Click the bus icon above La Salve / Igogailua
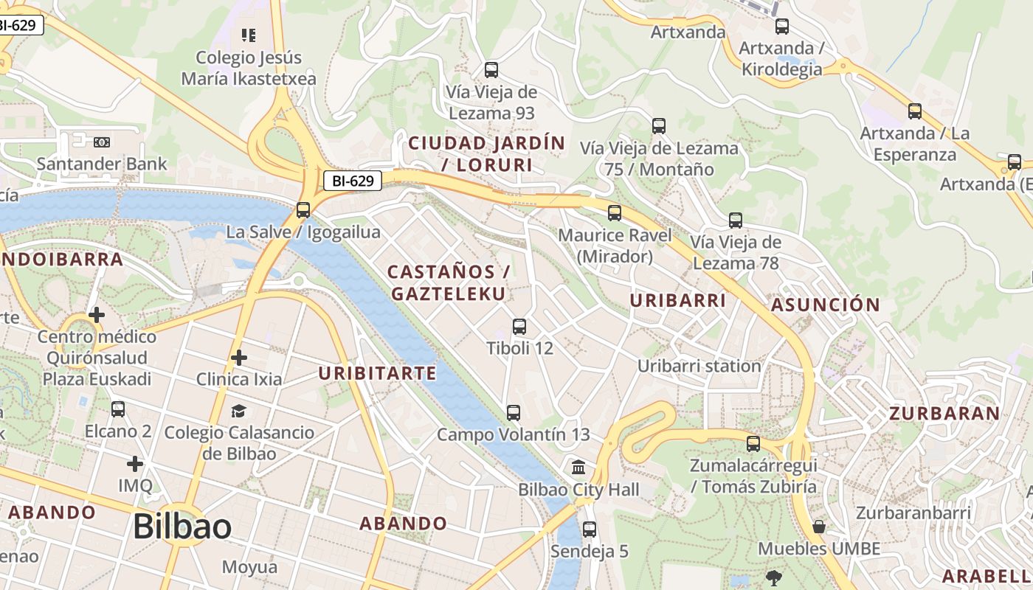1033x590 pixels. (303, 210)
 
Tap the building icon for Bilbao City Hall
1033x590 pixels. (579, 468)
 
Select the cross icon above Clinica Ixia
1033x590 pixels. (239, 358)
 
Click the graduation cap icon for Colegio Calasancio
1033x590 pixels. (239, 411)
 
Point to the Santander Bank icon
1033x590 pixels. (102, 142)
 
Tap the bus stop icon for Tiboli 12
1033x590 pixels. (519, 326)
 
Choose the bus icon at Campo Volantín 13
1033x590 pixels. (514, 413)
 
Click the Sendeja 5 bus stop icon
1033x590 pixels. (589, 529)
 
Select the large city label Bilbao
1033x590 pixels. (182, 527)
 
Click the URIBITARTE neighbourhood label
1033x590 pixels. (377, 373)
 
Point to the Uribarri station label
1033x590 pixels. (699, 366)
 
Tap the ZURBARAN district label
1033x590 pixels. (944, 414)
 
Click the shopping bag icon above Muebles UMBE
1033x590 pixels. (819, 527)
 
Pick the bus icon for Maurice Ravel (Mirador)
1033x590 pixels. (615, 213)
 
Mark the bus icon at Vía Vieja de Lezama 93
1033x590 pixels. (491, 70)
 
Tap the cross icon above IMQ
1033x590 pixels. (134, 464)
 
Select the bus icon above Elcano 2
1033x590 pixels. (118, 409)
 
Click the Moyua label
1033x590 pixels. (249, 567)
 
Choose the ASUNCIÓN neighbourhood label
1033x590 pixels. (825, 305)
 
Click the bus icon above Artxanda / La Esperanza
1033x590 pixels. (915, 111)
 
